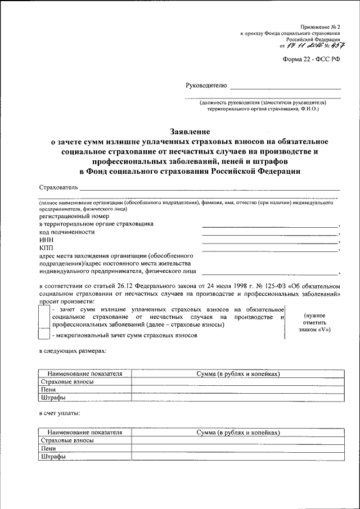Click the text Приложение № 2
click(321, 26)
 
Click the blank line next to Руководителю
click(285, 88)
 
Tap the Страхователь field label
click(58, 187)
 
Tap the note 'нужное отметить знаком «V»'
click(314, 323)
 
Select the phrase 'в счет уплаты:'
click(60, 413)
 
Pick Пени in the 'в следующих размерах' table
click(48, 389)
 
